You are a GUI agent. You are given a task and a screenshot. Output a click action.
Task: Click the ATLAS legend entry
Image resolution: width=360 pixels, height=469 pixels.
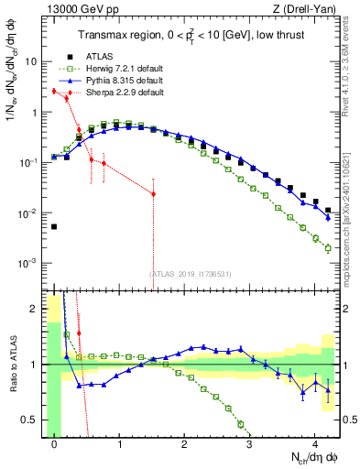86,55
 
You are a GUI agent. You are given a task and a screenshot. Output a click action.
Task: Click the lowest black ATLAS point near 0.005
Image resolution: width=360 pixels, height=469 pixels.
54,226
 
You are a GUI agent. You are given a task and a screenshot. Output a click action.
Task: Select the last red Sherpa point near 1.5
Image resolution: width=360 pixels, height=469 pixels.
153,194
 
